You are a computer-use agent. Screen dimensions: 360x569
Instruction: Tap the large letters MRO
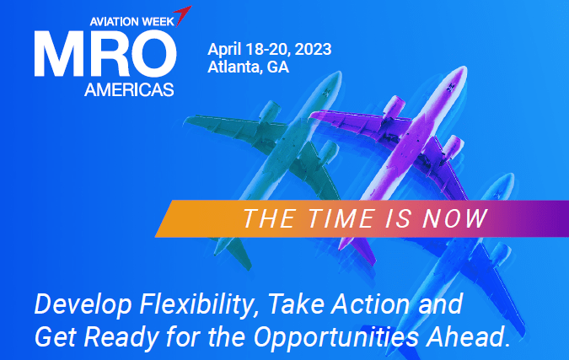105,53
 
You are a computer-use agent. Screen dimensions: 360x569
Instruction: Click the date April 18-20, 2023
269,48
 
